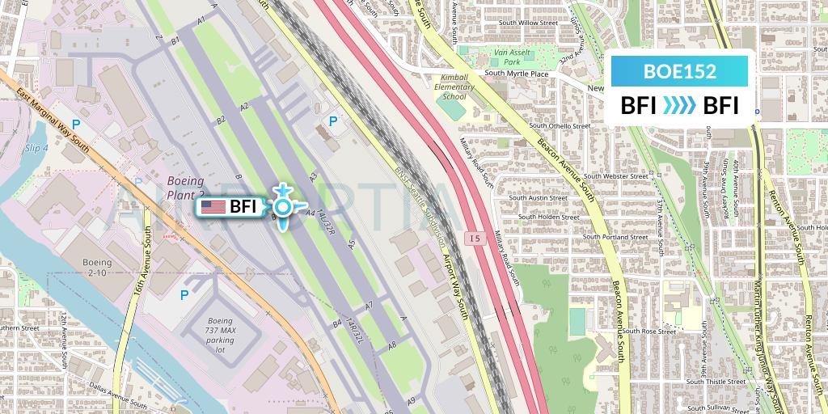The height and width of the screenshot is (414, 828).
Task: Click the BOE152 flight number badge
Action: (x=679, y=71)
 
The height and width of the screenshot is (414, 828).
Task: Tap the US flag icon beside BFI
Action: (x=213, y=207)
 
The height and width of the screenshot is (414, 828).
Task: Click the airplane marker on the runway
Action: (x=282, y=207)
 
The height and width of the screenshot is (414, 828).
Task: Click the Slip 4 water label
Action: (x=36, y=148)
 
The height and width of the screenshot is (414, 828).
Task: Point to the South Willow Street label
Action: (x=528, y=23)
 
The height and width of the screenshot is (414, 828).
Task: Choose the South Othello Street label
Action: (x=560, y=126)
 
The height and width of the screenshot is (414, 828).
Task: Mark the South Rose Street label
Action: (x=648, y=332)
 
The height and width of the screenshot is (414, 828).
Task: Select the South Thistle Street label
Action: (x=716, y=381)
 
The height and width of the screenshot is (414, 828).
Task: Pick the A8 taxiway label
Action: (x=393, y=345)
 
